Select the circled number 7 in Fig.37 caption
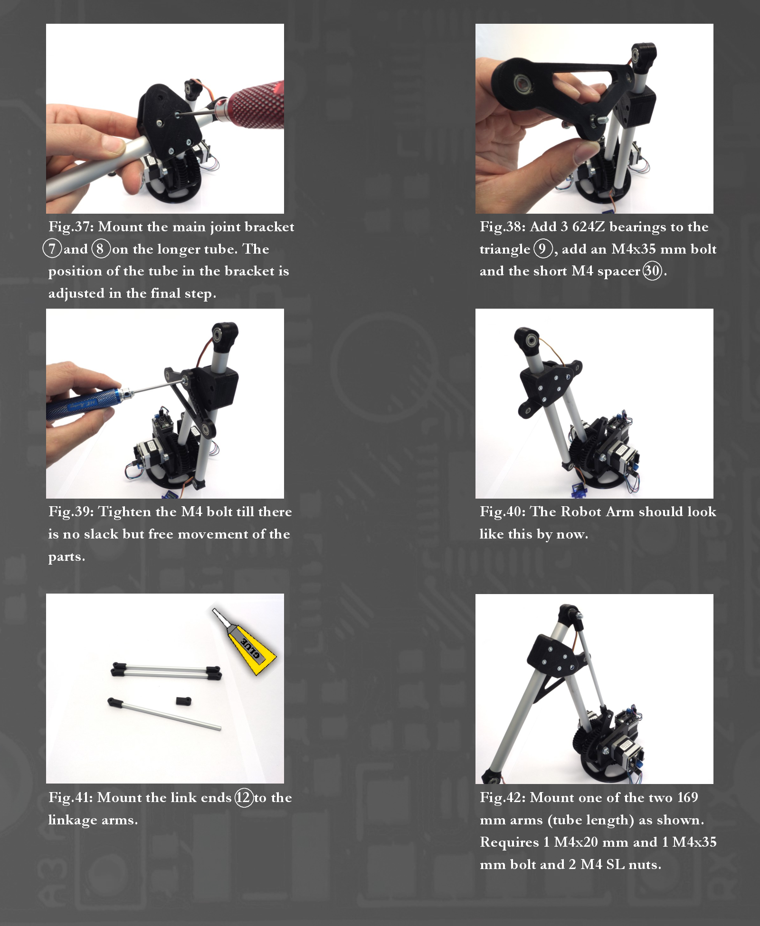[x=52, y=249]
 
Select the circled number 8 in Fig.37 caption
[x=100, y=249]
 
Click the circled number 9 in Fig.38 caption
[x=542, y=249]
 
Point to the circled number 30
[x=652, y=271]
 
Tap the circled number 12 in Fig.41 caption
[x=244, y=797]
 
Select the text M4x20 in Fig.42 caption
[x=576, y=842]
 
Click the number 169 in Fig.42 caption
[x=687, y=797]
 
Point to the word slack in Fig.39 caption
[x=101, y=534]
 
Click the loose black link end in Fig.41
[x=183, y=700]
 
